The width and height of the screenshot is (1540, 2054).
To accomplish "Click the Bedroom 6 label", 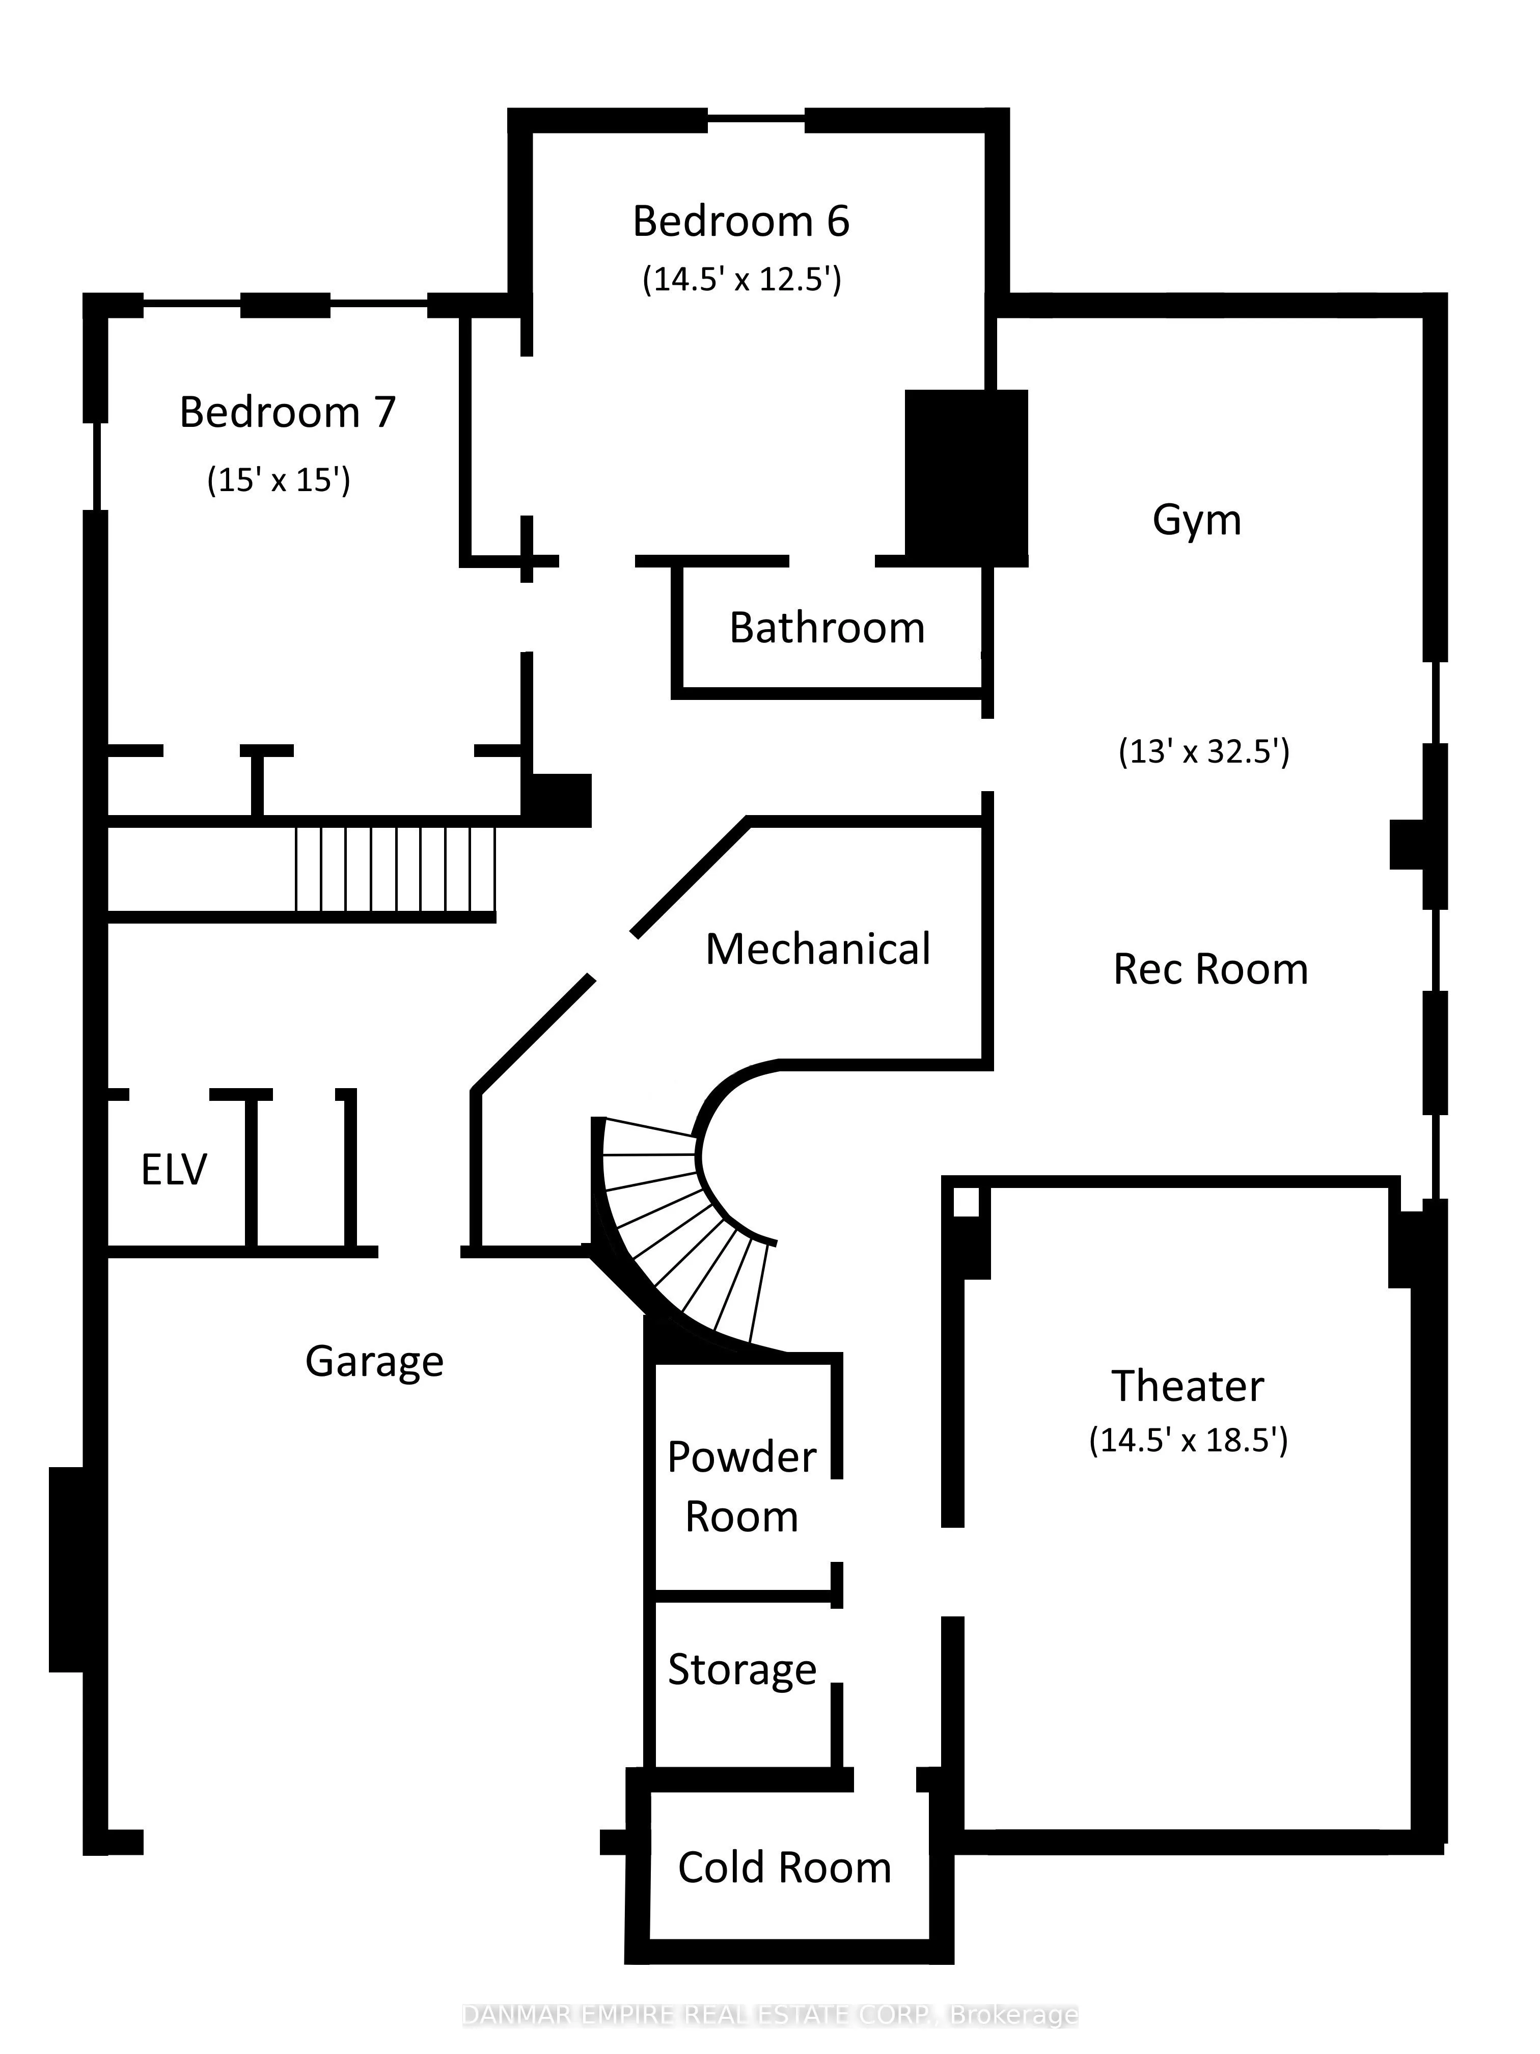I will coord(741,222).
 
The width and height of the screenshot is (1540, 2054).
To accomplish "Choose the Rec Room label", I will coord(1211,969).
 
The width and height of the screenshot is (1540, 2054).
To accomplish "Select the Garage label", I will coord(374,1362).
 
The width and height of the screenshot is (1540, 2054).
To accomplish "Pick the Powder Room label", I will coord(741,1487).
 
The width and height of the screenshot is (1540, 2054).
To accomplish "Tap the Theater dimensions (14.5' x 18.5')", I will coord(1188,1440).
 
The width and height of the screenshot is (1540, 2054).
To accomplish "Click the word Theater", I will coord(1188,1386).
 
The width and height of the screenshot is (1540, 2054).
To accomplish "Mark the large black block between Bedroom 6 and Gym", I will coord(966,477).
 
